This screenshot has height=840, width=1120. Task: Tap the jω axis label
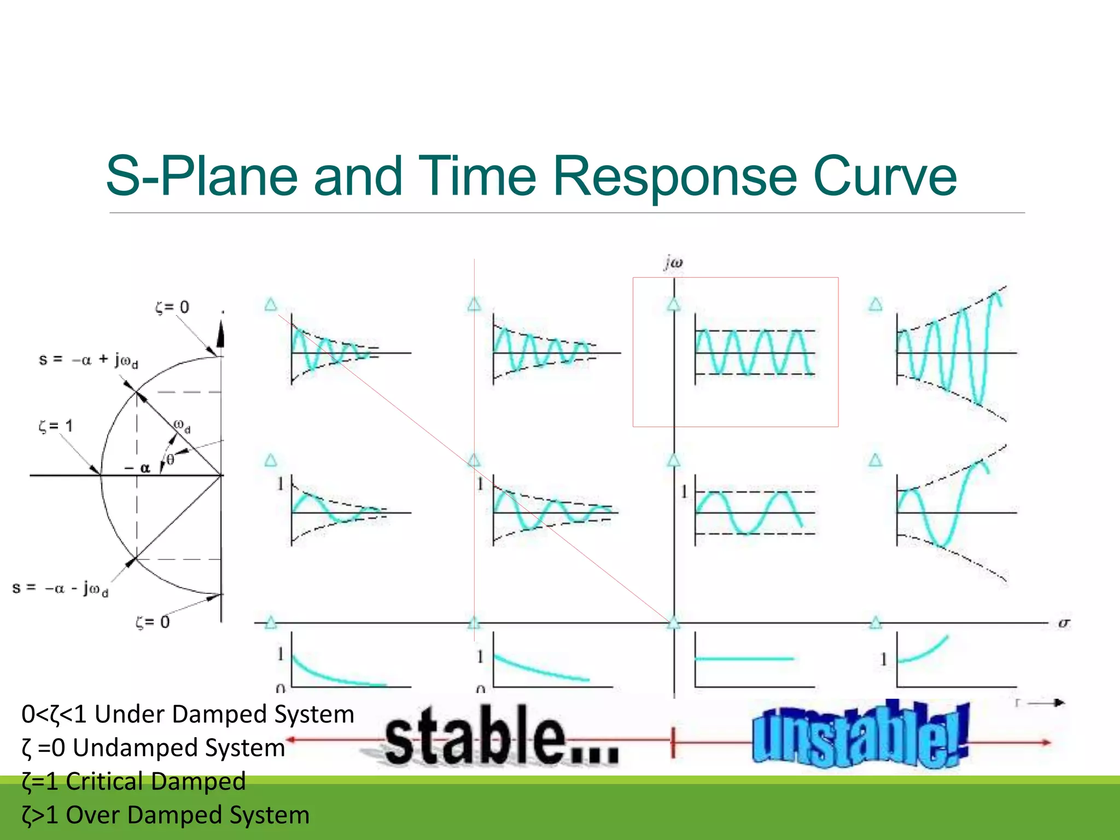point(674,263)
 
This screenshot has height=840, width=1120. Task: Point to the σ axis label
point(1064,623)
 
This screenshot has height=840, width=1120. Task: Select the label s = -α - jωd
point(60,588)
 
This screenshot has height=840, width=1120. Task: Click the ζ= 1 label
point(55,426)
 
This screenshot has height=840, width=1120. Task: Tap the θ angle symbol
point(170,459)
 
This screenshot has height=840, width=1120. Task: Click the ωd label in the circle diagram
point(182,426)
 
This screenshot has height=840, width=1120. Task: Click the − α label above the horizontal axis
point(137,468)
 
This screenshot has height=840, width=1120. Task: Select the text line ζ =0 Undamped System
point(153,748)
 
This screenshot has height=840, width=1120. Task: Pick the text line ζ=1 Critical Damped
point(133,781)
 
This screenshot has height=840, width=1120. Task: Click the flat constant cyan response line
point(744,658)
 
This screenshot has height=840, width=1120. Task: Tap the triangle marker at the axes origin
point(674,622)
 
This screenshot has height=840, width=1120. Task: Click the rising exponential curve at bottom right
point(924,651)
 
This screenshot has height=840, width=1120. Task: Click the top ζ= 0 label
point(172,307)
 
